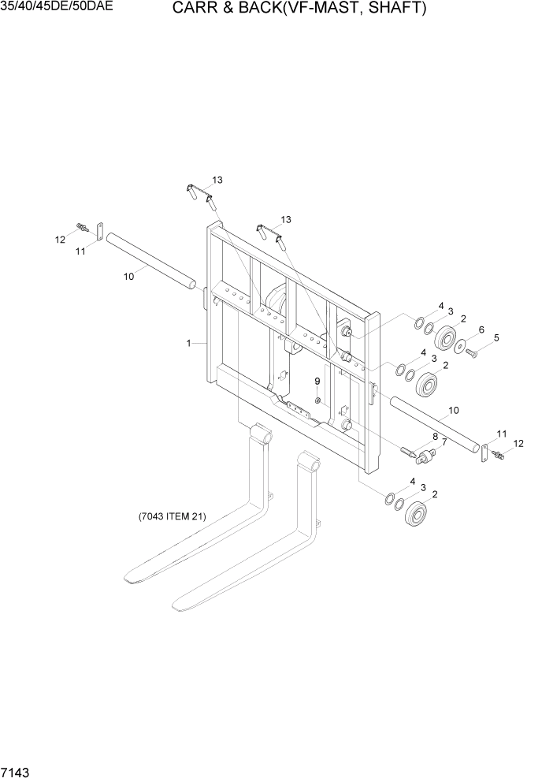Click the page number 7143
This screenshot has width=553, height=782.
coord(17,769)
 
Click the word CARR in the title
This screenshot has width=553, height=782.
coord(196,9)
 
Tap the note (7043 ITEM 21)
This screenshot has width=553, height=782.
coord(172,517)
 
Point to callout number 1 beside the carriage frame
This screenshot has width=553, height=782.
coord(188,343)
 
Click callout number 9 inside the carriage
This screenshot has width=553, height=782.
coord(317,381)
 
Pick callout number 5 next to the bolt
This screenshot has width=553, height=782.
coord(495,339)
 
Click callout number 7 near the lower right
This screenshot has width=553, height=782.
coord(444,442)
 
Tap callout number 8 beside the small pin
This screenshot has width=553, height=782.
coord(434,436)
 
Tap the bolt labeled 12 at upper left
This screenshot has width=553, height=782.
coord(81,228)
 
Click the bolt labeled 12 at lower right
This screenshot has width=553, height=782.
coord(497,456)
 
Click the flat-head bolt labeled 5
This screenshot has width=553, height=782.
coord(470,352)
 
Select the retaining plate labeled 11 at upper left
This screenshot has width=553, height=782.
coord(100,231)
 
